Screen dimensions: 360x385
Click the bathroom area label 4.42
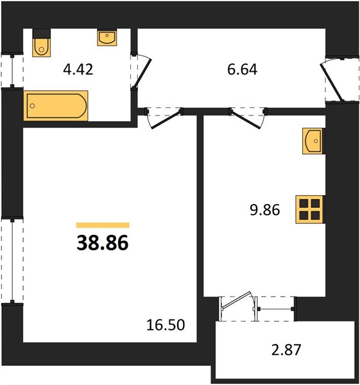78,69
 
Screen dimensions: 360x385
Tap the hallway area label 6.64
242,69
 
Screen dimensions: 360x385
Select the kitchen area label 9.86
265,210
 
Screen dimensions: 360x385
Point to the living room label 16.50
166,325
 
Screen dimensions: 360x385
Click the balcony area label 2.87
286,350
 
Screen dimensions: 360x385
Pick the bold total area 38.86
103,243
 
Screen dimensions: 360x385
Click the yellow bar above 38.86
103,225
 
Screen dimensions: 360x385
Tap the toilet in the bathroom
42,47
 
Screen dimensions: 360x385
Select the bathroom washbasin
107,38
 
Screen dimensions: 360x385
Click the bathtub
56,106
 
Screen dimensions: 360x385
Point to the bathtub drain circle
32,106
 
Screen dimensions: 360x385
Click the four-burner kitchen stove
311,209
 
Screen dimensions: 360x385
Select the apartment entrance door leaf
331,82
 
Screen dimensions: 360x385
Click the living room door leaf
166,119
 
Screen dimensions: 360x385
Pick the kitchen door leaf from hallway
246,120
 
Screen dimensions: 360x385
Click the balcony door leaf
236,300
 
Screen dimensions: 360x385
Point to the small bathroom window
12,71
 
